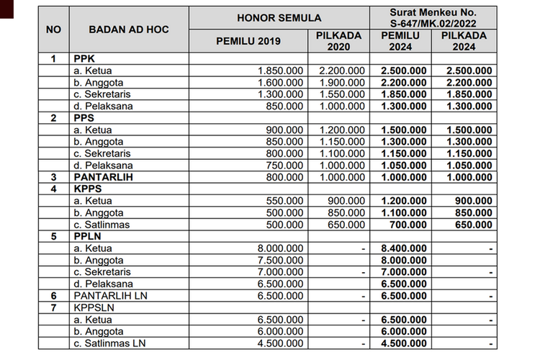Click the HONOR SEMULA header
coord(279,17)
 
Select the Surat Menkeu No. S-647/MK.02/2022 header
coord(433,18)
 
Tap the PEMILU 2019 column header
coord(249,40)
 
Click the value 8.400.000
coord(402,248)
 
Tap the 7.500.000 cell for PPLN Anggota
coord(280,260)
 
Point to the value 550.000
coord(285,201)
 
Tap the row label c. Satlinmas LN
coord(111,343)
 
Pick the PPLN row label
coord(84,236)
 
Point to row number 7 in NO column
coord(53,307)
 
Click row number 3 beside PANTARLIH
coord(53,177)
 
